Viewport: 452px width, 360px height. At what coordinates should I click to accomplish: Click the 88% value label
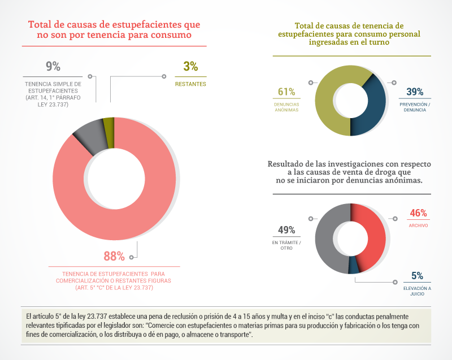pos(114,256)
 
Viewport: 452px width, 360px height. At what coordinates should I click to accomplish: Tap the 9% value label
pos(53,66)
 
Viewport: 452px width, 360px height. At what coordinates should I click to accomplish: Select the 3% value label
pos(190,66)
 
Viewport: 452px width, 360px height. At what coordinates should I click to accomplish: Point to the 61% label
pos(286,92)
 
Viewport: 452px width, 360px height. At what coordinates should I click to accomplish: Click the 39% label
pos(415,92)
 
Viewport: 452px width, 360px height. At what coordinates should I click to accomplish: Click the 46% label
pos(418,213)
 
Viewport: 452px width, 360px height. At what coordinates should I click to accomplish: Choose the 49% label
pos(286,230)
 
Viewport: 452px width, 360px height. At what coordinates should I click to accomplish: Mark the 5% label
pos(417,276)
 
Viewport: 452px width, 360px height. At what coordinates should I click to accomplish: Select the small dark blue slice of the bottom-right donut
pos(354,266)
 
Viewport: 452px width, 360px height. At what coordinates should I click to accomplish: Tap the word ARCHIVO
pos(418,225)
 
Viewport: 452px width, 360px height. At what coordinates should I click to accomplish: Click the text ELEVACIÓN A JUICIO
pos(417,291)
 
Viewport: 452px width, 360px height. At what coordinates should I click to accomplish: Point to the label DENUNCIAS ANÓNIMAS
pos(286,107)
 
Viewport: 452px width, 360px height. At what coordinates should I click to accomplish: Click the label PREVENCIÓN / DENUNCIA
pos(415,107)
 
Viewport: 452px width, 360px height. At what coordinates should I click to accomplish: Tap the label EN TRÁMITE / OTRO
pos(286,245)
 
